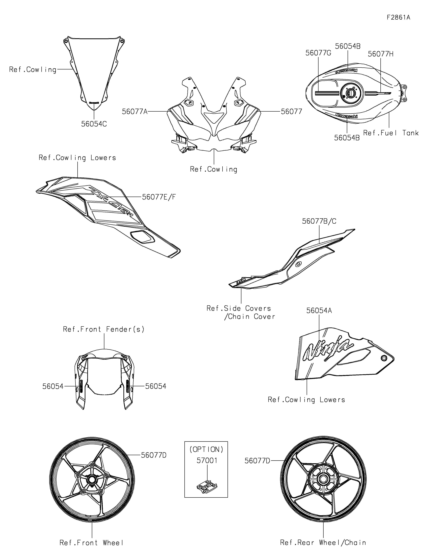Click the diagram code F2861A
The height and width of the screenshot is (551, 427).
click(398, 17)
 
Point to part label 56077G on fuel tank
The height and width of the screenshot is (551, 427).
click(318, 53)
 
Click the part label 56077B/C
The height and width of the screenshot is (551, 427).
click(319, 221)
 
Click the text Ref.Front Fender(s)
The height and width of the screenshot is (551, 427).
click(104, 329)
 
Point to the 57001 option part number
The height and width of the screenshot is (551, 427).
click(207, 460)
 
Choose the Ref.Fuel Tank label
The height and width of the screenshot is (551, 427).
click(391, 133)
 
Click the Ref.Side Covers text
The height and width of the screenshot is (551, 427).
click(239, 308)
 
